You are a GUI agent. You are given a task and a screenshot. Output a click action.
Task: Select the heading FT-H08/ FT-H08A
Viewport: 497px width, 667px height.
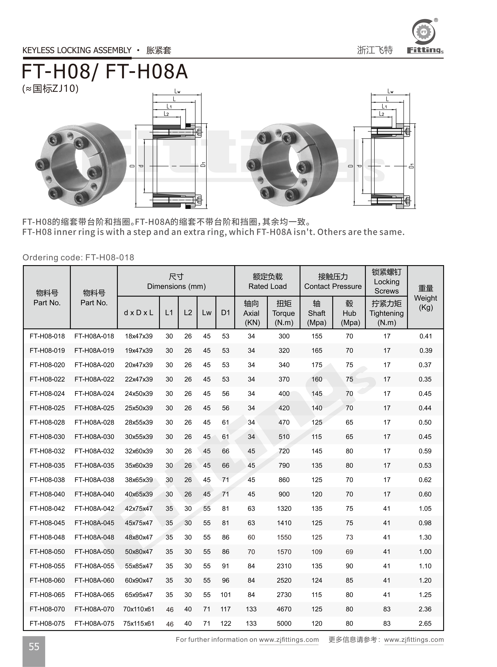point(105,72)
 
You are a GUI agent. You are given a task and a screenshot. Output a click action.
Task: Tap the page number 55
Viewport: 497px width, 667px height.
point(34,647)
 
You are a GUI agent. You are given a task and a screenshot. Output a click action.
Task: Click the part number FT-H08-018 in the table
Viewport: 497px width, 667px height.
point(47,336)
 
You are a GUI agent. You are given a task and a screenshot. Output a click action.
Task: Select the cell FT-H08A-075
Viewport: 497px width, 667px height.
point(94,623)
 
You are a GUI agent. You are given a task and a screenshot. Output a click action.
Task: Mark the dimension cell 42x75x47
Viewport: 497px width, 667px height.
point(139,509)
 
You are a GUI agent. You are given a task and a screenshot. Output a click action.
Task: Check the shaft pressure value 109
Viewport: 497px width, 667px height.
point(317,552)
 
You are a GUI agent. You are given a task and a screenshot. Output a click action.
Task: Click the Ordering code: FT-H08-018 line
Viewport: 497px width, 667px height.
point(78,258)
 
